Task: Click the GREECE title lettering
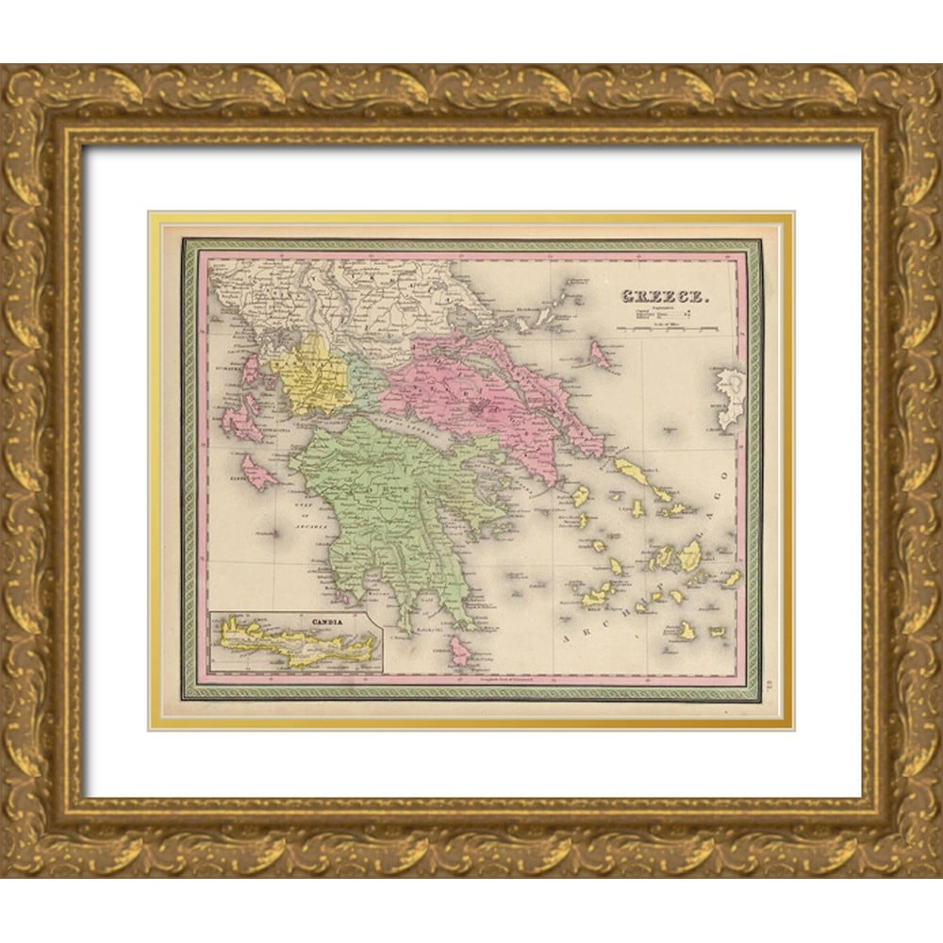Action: pos(663,298)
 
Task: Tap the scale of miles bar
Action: pos(668,328)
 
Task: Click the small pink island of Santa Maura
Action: pos(250,368)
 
